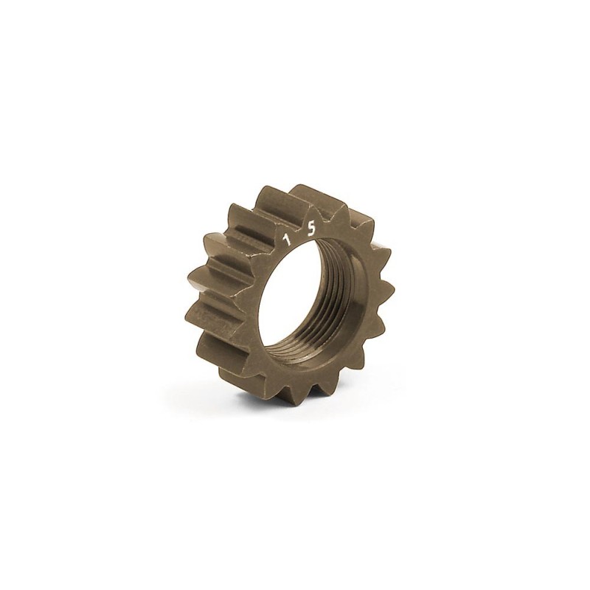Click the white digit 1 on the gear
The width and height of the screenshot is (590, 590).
coord(288,239)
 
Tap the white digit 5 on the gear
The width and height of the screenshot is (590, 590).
coord(310,229)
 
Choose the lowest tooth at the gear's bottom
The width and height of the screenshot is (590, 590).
coord(316,395)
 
